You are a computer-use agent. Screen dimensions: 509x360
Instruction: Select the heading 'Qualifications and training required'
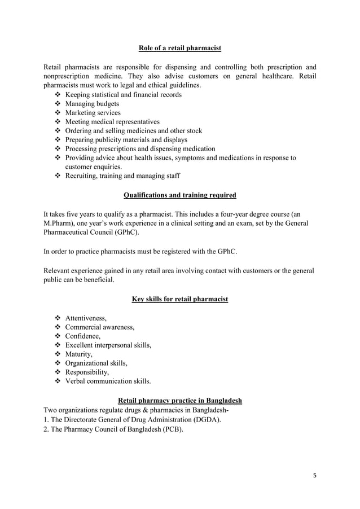pos(179,195)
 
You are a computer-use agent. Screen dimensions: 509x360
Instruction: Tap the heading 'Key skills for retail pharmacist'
pos(179,299)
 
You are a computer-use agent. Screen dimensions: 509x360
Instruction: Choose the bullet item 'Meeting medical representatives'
pos(112,122)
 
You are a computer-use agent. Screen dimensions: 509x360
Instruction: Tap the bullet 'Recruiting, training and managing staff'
pos(122,176)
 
